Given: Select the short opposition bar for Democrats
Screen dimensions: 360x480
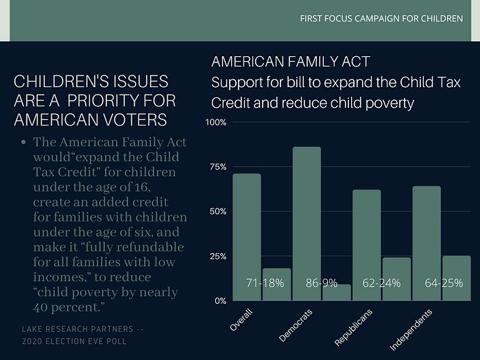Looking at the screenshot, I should click(336, 293).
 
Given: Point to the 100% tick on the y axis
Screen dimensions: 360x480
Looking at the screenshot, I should click(217, 123).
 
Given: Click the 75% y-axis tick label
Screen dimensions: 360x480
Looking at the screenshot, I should click(218, 167).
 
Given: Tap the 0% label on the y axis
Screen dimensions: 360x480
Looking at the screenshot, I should click(221, 301).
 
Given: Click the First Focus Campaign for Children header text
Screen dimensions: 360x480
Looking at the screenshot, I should click(381, 18).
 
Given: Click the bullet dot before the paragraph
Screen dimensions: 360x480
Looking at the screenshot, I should click(24, 143).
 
